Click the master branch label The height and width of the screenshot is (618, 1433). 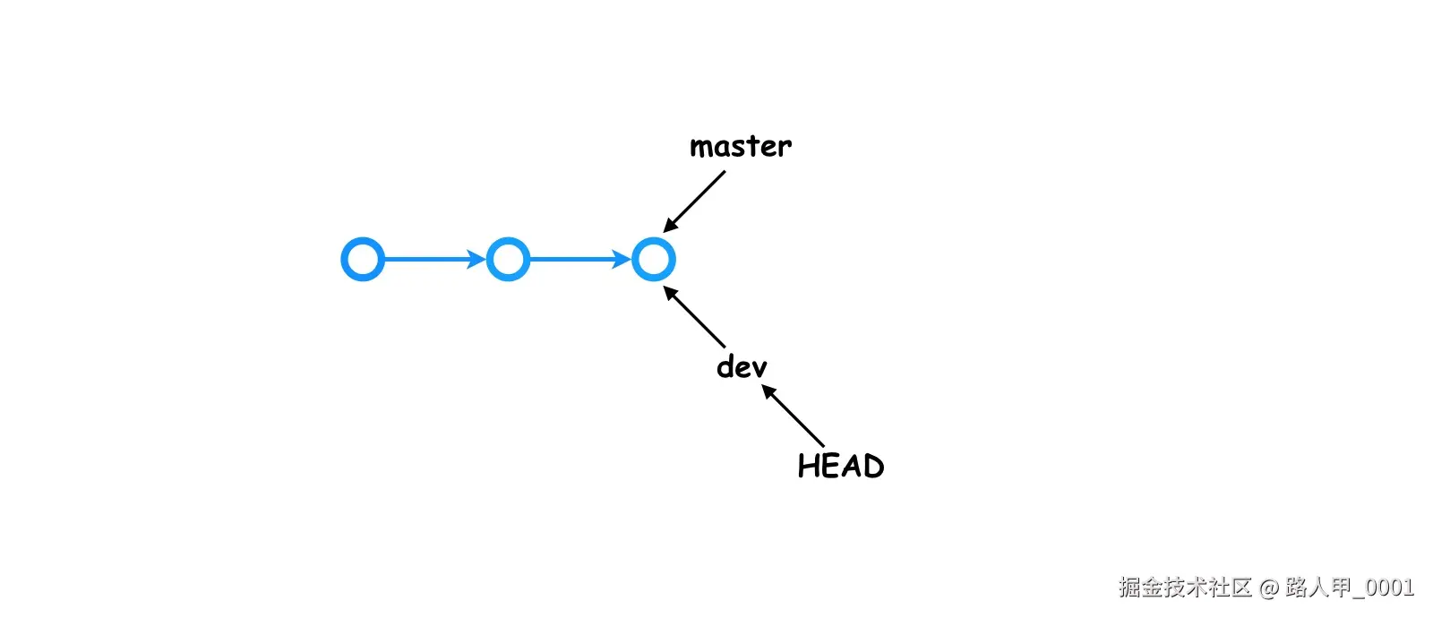click(740, 146)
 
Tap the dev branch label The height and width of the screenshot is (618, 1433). click(742, 366)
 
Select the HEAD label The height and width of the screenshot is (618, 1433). click(840, 466)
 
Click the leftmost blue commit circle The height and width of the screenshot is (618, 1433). click(363, 260)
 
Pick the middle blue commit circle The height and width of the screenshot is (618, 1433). click(508, 260)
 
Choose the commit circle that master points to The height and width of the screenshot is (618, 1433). click(653, 260)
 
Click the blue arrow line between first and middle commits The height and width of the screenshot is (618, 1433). click(426, 260)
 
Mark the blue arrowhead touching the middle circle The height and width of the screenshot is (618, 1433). click(477, 260)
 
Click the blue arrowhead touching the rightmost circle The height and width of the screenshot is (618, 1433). click(622, 260)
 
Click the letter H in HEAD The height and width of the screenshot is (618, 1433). click(807, 466)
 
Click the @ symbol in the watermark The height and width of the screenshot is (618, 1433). click(1268, 588)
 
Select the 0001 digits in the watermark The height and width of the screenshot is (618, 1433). click(1390, 588)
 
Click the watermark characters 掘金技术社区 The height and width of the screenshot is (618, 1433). click(1184, 588)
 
